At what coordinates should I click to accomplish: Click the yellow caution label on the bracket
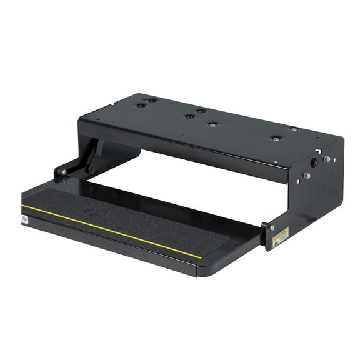point(281,236)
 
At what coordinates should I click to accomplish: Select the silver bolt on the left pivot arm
point(62,171)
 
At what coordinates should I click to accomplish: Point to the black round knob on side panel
point(314,162)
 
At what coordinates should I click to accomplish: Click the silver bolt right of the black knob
point(327,159)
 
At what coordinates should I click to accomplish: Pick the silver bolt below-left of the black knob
point(307,176)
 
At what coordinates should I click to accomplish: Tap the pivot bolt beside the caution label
point(271,227)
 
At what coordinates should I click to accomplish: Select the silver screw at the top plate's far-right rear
point(294,129)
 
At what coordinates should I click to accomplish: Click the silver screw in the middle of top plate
point(213,124)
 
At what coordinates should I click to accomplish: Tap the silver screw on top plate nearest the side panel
point(275,138)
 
